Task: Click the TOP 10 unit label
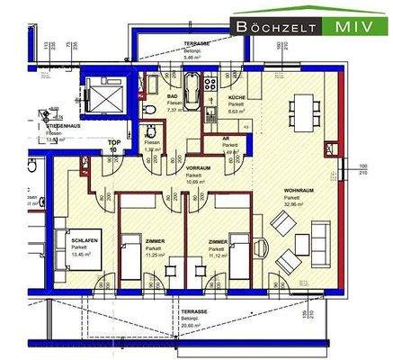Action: click(x=114, y=146)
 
